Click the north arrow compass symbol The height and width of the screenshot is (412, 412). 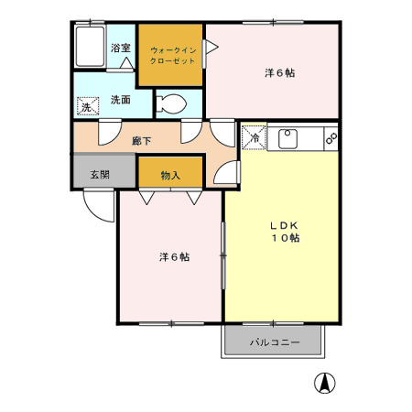pos(325,383)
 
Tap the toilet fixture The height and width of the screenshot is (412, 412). pos(171,103)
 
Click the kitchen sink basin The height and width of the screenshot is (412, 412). pos(287,138)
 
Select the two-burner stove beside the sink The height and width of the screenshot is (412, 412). pos(331,138)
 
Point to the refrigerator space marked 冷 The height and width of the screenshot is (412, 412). pos(254,138)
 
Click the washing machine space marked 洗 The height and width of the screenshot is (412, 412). pos(88,106)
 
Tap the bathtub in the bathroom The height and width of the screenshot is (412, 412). pos(90,47)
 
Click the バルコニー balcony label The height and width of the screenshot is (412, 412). pos(275,342)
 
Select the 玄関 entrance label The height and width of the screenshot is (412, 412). pos(100,175)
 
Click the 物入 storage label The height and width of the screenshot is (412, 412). pos(170,175)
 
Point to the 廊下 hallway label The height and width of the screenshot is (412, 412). pos(142,141)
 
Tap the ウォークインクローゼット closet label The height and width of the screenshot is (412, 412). pos(172,56)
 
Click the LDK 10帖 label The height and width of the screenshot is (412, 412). pos(286,232)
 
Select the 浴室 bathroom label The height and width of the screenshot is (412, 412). pos(121,48)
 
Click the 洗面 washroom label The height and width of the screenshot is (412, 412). pos(121,100)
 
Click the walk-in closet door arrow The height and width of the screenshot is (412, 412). pos(211,47)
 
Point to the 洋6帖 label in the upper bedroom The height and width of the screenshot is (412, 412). pos(279,73)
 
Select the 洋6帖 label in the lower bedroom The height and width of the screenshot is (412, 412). pos(174,257)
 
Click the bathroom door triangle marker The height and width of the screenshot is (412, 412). pos(126,63)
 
